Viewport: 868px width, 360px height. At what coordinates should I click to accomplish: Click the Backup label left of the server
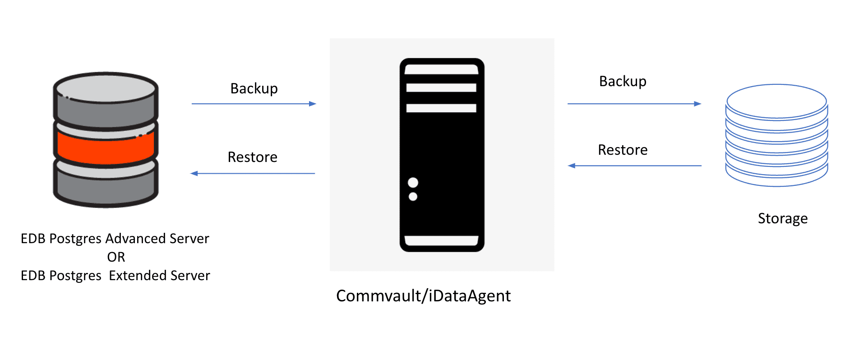[254, 88]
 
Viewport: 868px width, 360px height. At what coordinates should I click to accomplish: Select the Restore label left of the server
[252, 157]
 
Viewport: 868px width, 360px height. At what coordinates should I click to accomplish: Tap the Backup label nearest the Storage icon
[623, 81]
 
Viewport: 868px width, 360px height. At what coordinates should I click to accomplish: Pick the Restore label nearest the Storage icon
[623, 150]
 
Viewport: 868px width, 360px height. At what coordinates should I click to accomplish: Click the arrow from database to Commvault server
[254, 104]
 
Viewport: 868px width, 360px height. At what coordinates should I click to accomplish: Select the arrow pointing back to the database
[253, 173]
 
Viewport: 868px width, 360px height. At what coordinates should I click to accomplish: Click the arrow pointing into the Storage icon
[634, 104]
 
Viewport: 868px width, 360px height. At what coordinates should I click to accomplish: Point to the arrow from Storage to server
[634, 166]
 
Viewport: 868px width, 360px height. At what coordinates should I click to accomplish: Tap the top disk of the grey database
[106, 88]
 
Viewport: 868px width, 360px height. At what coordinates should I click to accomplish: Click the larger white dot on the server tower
[413, 182]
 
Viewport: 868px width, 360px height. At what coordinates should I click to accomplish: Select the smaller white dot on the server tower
[413, 197]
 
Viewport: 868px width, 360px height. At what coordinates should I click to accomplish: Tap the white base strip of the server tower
[441, 240]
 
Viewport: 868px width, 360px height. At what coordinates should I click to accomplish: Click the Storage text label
[783, 218]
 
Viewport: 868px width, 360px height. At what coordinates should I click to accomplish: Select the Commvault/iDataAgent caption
[423, 296]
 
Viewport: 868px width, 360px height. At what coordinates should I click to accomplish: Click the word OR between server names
[116, 257]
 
